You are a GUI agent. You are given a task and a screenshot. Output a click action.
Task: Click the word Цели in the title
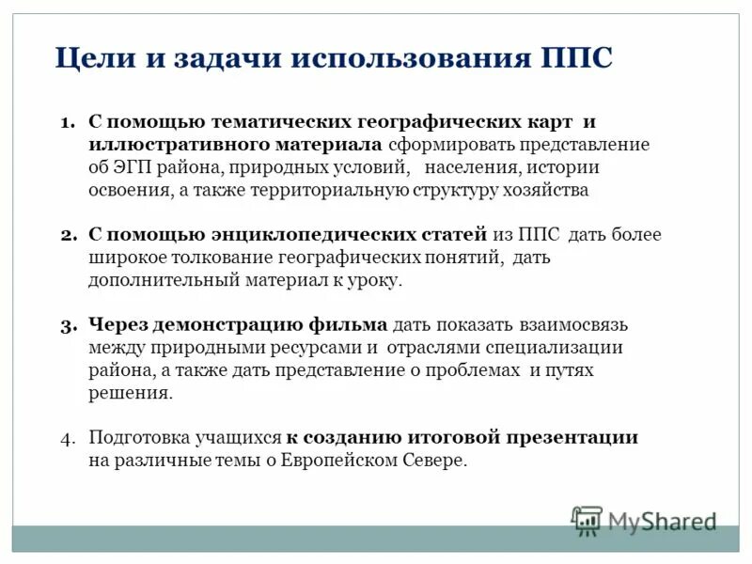(x=91, y=58)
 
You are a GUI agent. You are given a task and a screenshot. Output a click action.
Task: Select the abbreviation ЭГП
(x=133, y=168)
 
